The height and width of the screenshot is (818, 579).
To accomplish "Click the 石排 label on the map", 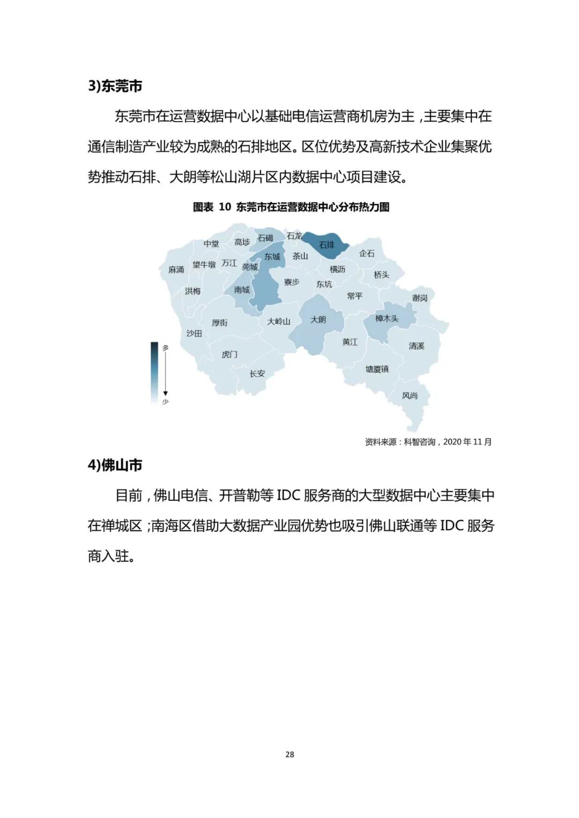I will pos(326,245).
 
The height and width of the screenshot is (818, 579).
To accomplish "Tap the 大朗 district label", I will pos(318,319).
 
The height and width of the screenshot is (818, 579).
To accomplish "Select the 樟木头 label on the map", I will pos(387,318).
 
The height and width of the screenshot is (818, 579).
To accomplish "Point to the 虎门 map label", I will pos(229,355).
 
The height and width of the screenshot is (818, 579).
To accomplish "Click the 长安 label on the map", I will pos(257,373).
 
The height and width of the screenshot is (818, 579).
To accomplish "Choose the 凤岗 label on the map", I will pos(410,395).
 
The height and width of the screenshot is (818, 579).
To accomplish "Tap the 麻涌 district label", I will pos(176,269).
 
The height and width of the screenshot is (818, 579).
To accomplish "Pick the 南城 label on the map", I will pos(242,290).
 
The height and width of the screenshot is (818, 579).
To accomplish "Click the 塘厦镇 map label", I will pos(377,369).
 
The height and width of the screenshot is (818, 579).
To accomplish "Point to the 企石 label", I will pos(367,253).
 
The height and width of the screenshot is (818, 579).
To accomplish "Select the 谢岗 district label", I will pos(420,298).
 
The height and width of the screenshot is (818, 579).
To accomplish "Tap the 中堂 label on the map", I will pos(211,244).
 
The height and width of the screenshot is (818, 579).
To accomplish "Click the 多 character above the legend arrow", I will pos(166,348).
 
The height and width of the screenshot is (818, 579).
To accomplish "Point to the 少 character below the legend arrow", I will pos(165,401).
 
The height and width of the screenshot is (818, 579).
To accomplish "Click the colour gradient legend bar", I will pos(154,372).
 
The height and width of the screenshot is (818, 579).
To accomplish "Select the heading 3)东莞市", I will pos(115,86).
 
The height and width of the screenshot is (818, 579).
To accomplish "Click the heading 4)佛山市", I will pos(115,465).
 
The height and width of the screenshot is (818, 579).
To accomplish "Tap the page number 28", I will pos(289,754).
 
